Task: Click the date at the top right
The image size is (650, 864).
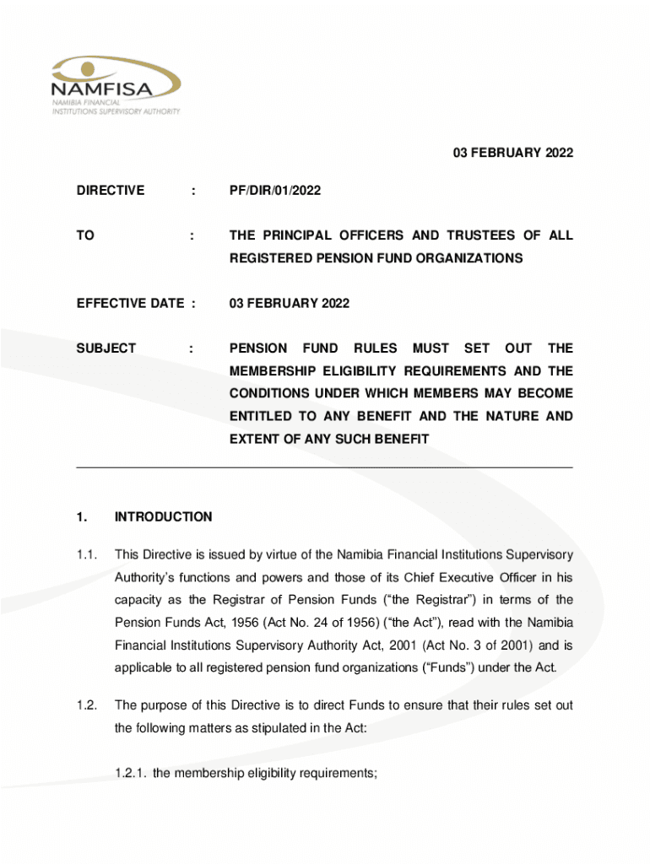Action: (503, 153)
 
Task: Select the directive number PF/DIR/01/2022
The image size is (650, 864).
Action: (274, 192)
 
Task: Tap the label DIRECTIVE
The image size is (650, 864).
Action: (111, 192)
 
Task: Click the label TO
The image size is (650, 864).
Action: (85, 235)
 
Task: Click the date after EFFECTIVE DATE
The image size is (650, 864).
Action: (289, 303)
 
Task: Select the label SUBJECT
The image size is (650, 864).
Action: (106, 348)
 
